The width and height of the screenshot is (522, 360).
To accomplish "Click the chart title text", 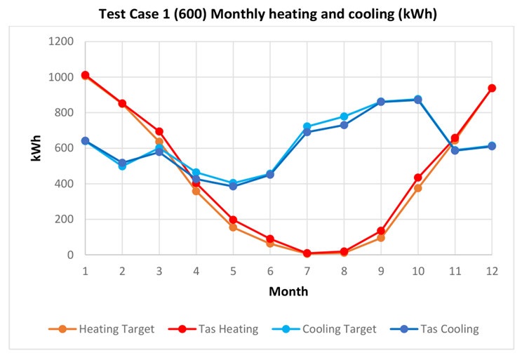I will click(x=267, y=14).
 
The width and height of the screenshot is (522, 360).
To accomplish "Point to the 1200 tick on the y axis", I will click(x=62, y=41).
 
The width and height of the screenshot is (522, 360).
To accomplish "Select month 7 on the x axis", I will click(x=307, y=270).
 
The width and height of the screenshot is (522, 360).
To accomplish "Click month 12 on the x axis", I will click(x=492, y=270).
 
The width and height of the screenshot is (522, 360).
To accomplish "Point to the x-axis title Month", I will click(x=288, y=290).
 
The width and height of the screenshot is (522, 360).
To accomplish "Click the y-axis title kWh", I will click(x=35, y=148).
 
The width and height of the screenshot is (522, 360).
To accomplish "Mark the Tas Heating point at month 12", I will click(x=492, y=88).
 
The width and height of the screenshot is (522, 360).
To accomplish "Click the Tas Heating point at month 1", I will click(x=85, y=75).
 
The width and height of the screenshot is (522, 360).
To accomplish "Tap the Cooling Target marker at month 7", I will click(x=307, y=127).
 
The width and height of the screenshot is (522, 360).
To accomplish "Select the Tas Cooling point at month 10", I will click(x=418, y=100).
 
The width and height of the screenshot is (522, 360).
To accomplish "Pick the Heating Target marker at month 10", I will click(x=418, y=188).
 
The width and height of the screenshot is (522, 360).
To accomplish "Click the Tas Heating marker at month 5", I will click(x=233, y=220).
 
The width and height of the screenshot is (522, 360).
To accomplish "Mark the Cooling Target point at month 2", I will click(x=122, y=166).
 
